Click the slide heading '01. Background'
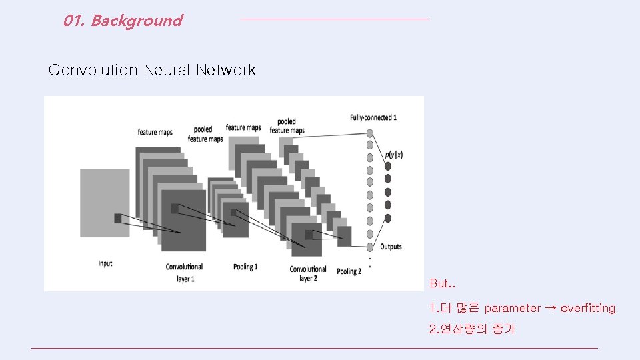[x=123, y=21]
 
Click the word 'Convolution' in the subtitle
[x=93, y=70]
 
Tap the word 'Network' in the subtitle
[x=226, y=70]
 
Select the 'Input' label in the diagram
[x=105, y=263]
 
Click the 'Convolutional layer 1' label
[x=184, y=272]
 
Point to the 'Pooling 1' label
[x=245, y=267]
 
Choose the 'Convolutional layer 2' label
[x=308, y=273]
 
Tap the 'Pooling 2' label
[x=349, y=271]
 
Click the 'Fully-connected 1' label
[x=373, y=118]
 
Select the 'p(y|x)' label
[x=393, y=155]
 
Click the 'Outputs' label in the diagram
[x=391, y=247]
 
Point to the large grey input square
[x=105, y=203]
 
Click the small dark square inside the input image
[x=118, y=218]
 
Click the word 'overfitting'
[x=588, y=308]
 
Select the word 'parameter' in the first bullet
[x=512, y=308]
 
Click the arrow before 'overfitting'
[x=551, y=308]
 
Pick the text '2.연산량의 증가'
[x=472, y=329]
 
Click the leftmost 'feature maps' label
[x=155, y=132]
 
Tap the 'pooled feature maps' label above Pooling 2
[x=287, y=126]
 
